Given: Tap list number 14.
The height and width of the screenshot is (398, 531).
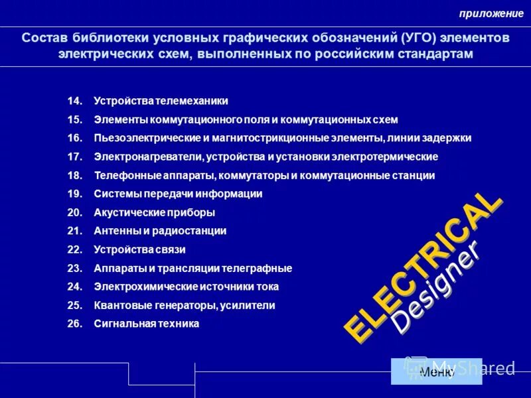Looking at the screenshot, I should pyautogui.click(x=74, y=101).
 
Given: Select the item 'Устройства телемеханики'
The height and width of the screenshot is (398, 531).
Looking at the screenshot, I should pyautogui.click(x=161, y=101).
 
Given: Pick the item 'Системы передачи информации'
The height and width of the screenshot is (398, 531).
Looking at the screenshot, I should pyautogui.click(x=178, y=194).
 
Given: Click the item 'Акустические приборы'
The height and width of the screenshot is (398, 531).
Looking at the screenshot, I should pyautogui.click(x=154, y=212).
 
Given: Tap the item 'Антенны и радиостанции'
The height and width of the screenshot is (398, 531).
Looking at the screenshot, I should pyautogui.click(x=160, y=231).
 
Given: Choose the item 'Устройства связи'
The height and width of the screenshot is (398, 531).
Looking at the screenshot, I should pyautogui.click(x=139, y=249).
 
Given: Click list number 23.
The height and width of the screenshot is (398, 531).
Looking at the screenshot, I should pyautogui.click(x=74, y=268).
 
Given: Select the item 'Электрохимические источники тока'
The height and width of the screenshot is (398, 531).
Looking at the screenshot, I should pyautogui.click(x=186, y=287).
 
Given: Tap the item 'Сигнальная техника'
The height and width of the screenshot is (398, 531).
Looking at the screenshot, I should pyautogui.click(x=146, y=324).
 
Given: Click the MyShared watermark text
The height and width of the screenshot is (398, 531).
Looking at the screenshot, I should pyautogui.click(x=473, y=367).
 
